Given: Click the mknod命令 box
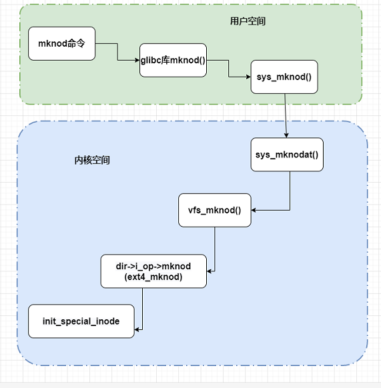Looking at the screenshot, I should point(61,44).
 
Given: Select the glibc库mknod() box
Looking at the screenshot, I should point(173,61).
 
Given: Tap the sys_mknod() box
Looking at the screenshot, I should point(284,77).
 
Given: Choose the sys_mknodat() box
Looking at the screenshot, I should point(288,155).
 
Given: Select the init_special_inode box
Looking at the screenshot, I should point(81,321).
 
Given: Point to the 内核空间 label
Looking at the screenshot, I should point(92,161).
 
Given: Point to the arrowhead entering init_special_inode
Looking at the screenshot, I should point(138,329).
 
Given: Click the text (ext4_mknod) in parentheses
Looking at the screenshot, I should point(153,277).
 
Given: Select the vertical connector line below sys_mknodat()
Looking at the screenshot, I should point(290,190).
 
